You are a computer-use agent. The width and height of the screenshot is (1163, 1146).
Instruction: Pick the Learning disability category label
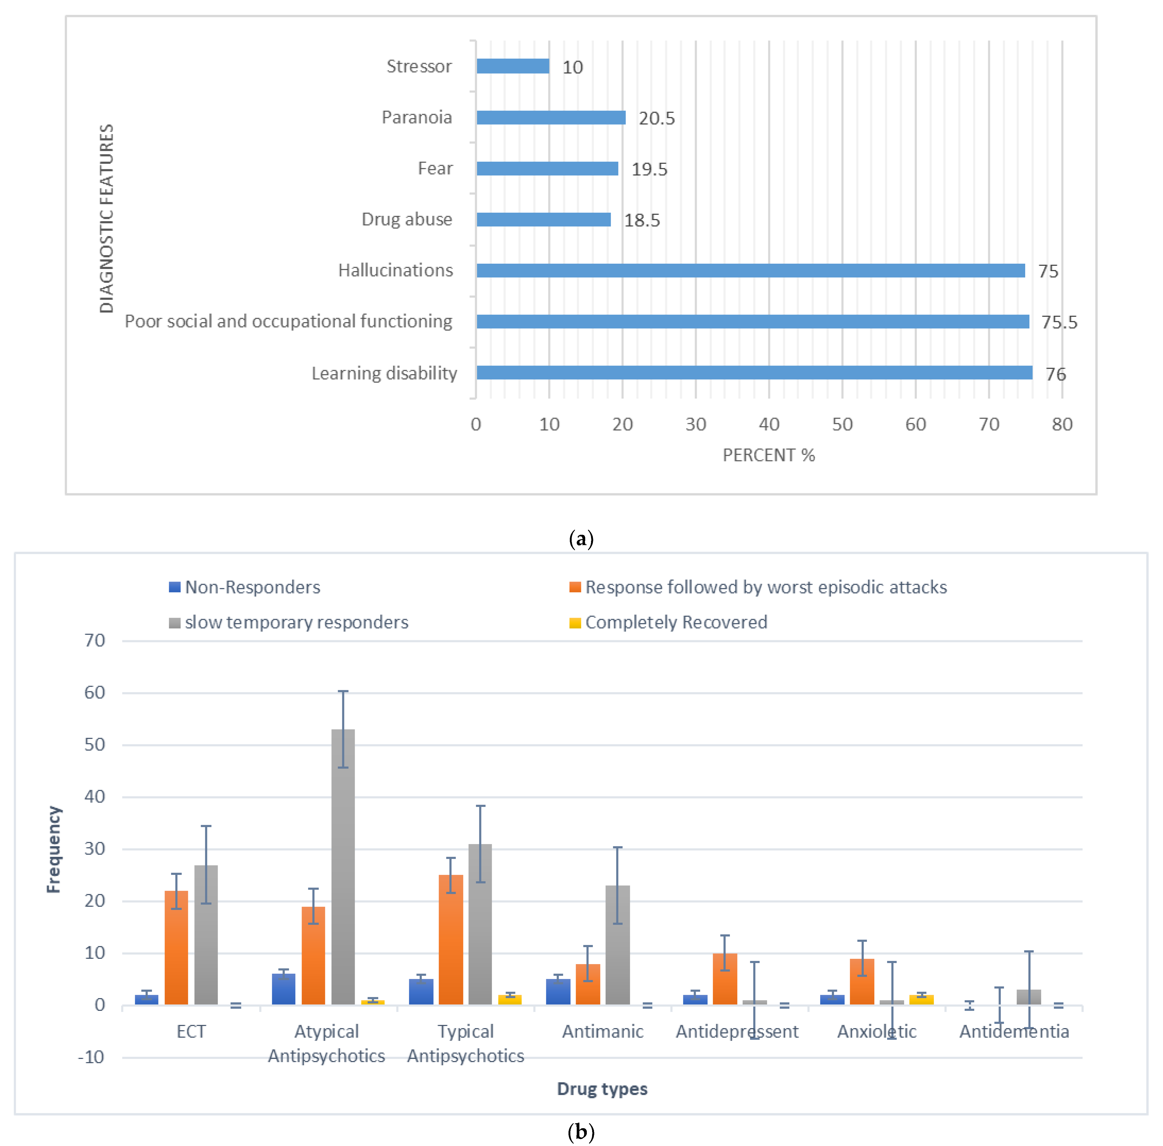pos(384,374)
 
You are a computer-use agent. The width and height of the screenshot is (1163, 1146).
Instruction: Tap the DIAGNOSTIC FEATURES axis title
pos(106,219)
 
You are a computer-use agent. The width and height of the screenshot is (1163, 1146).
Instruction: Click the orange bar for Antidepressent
pos(725,979)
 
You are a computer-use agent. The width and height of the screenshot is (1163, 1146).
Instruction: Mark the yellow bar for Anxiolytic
pos(921,1000)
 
